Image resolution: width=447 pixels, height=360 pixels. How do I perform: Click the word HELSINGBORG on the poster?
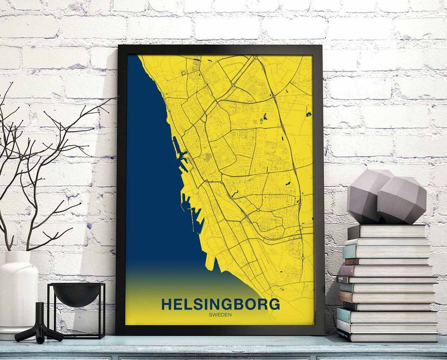(x=220, y=304)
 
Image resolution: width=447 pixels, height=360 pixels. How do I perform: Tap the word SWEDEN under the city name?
(x=220, y=314)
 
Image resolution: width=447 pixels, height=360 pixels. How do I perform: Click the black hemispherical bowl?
(x=77, y=294)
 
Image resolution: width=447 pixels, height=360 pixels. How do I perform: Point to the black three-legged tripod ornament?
(x=39, y=326)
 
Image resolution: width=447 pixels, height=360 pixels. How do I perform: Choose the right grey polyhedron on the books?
(x=401, y=200)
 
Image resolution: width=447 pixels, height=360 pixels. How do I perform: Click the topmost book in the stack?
(x=387, y=231)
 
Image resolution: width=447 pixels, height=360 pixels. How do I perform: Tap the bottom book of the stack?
(x=388, y=336)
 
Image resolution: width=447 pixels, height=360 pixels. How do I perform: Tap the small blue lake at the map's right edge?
(x=309, y=114)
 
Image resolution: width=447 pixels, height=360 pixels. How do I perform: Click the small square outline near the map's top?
(x=184, y=73)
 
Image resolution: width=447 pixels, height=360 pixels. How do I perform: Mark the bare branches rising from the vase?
(x=39, y=169)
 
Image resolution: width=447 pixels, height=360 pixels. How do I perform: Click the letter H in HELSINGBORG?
(x=167, y=304)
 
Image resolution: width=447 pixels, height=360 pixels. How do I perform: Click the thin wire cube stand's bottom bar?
(x=77, y=336)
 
